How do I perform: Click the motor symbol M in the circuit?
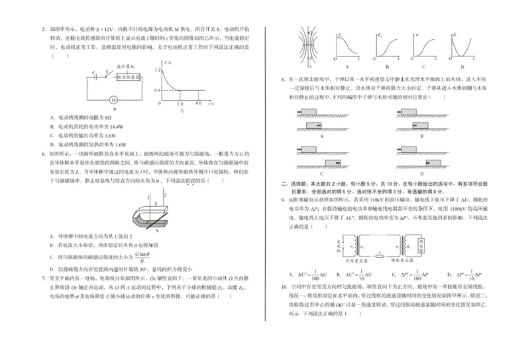point(113,100)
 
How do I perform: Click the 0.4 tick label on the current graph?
point(156,90)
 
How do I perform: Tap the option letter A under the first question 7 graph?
point(346,66)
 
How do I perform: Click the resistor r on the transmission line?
point(380,253)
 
